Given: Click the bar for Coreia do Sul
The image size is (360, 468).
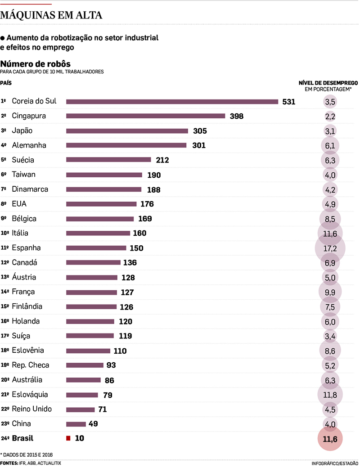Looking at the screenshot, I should tap(172, 102).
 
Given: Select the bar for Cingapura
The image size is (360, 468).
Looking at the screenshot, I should tap(145, 116).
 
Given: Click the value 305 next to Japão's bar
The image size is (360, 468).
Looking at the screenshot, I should tap(199, 131).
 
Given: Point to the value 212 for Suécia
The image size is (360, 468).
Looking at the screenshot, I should tap(162, 160).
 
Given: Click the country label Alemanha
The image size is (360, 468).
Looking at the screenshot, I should tap(29, 145).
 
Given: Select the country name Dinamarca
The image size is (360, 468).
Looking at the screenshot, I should tap(30, 189).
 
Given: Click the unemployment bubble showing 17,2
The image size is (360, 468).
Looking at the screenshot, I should tap(330, 248).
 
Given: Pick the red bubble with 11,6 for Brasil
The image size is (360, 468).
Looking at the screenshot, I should tap(330, 439).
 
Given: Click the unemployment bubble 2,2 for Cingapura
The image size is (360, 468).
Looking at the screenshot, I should tap(330, 117).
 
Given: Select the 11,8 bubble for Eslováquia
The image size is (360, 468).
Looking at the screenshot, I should tap(330, 395).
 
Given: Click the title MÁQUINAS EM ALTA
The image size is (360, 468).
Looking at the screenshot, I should tap(51, 15).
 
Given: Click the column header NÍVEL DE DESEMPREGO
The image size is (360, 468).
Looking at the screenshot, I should tap(328, 83).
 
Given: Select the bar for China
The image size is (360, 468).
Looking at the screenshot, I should tap(76, 424).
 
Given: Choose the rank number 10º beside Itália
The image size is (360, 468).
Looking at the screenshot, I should tap(5, 234).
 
